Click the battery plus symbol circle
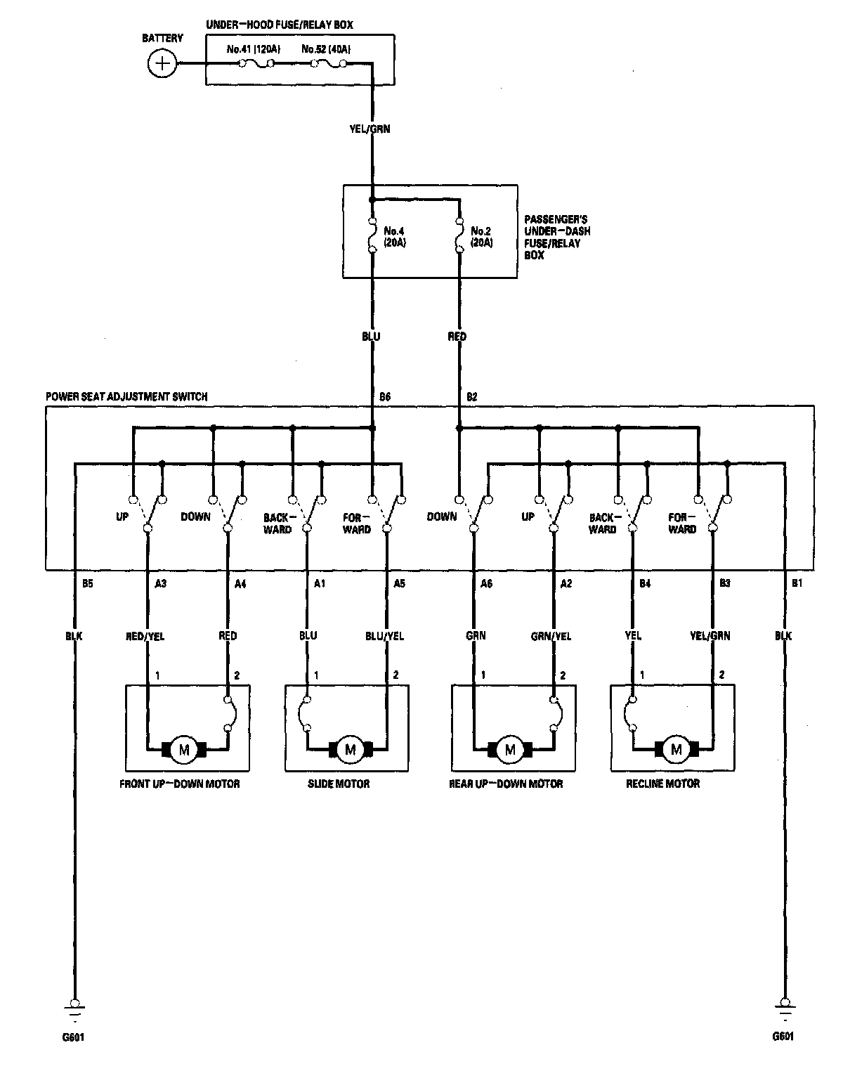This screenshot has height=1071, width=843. [163, 64]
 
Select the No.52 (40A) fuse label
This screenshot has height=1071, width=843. [326, 50]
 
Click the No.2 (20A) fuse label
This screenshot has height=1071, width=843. [481, 236]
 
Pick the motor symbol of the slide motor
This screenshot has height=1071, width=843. [351, 750]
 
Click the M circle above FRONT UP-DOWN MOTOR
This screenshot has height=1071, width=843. [185, 750]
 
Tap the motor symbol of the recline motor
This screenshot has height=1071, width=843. [677, 750]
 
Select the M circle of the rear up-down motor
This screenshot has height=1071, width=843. [511, 750]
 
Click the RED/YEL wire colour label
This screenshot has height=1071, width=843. [146, 636]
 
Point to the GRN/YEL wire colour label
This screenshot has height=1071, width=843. [551, 636]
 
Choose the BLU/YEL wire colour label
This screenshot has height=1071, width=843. [385, 636]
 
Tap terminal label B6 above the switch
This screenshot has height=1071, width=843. [384, 397]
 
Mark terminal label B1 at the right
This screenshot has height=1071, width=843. [797, 583]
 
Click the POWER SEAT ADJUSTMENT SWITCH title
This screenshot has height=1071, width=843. [126, 396]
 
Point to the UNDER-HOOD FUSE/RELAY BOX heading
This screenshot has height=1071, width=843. [279, 25]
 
